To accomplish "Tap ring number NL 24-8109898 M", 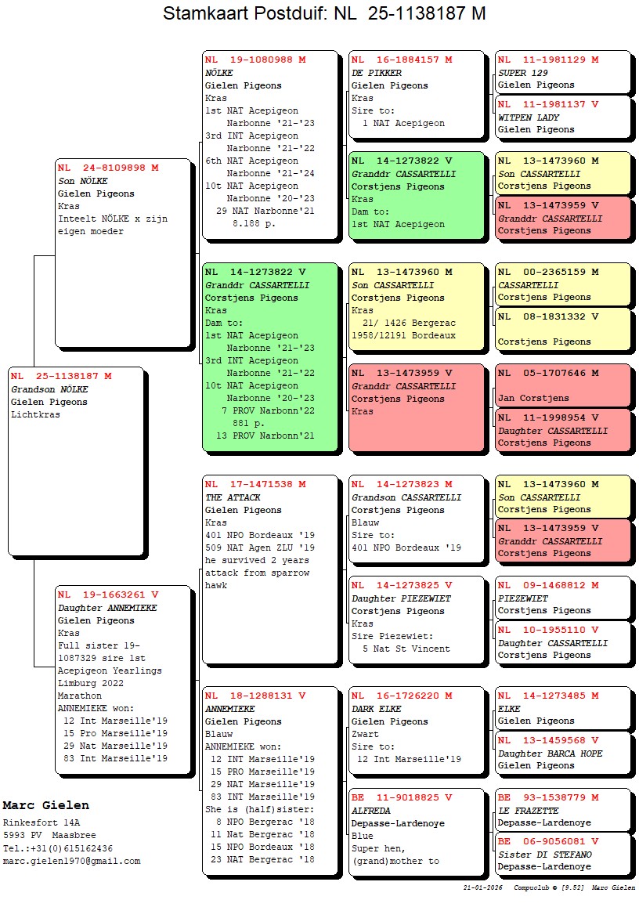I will click(x=108, y=168).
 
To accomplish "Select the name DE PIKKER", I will click(x=376, y=73).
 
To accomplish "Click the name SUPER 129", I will click(x=523, y=73).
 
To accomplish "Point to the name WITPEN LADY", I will click(x=529, y=117).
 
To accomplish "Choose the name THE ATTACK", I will click(x=233, y=497).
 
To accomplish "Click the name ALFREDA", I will click(x=370, y=811).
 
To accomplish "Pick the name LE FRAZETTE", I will click(x=529, y=811).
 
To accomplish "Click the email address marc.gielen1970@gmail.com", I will click(x=72, y=861).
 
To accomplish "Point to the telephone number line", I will click(x=58, y=848).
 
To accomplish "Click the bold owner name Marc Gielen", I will click(x=45, y=805).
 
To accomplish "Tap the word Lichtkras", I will click(x=35, y=414).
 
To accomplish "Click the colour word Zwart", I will click(x=365, y=734).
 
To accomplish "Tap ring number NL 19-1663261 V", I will click(x=108, y=595).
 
